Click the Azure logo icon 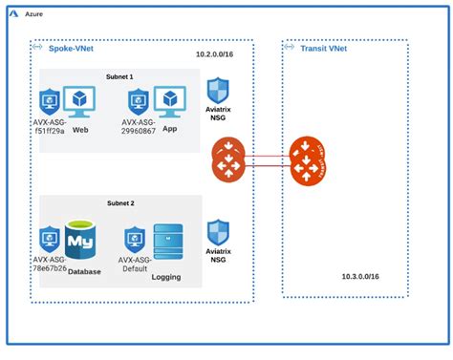point(15,15)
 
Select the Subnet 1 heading point(120,76)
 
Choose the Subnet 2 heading point(120,203)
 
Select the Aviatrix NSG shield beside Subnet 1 point(219,93)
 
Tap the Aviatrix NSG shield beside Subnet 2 point(219,232)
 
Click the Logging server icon point(167,243)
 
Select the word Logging point(166,279)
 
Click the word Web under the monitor point(80,128)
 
